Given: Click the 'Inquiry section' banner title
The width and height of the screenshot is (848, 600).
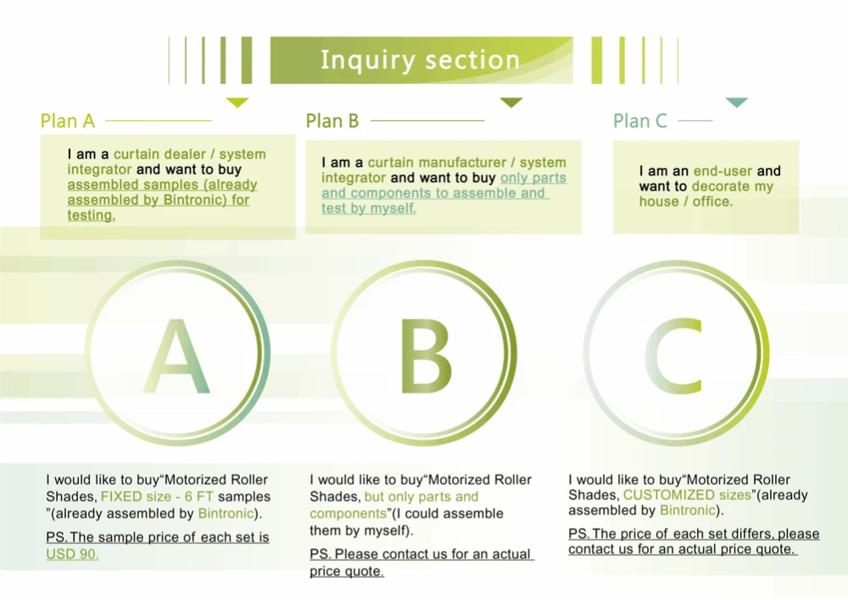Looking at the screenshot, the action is [x=421, y=60].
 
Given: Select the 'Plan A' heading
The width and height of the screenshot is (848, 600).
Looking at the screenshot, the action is [x=68, y=121].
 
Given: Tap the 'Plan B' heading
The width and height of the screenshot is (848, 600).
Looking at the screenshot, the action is [x=332, y=121].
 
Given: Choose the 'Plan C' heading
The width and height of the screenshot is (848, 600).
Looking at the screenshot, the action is [x=640, y=121].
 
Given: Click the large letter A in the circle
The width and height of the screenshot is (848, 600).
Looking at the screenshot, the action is [x=176, y=356].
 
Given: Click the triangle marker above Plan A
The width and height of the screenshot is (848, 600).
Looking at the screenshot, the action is [x=238, y=103].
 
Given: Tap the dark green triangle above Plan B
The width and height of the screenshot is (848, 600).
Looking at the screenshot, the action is [x=511, y=103].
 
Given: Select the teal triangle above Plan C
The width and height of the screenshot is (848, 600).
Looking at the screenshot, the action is [x=737, y=103].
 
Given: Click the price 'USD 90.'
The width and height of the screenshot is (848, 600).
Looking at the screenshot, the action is [x=72, y=554].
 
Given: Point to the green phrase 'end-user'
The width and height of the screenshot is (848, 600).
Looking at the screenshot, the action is [x=723, y=171].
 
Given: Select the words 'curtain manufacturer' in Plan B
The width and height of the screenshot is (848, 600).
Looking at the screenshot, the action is [x=429, y=163].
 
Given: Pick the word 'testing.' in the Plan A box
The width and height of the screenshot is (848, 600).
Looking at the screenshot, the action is [x=91, y=215].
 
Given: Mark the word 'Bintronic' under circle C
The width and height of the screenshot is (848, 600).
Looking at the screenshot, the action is [x=689, y=510].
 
